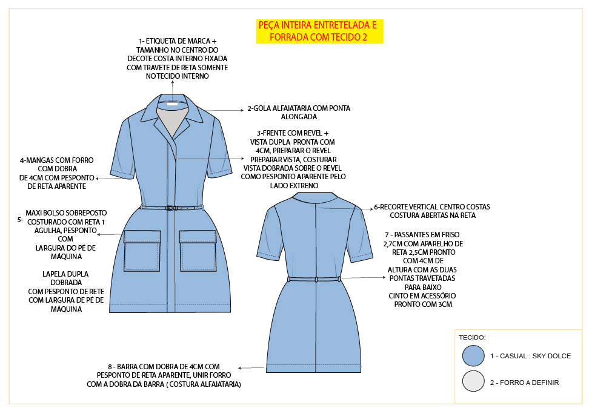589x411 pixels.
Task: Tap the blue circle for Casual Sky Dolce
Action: pyautogui.click(x=473, y=356)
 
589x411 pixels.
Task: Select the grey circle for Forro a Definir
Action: pyautogui.click(x=473, y=382)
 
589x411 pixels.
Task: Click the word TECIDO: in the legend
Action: pyautogui.click(x=472, y=337)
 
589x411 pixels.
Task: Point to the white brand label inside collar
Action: pyautogui.click(x=173, y=104)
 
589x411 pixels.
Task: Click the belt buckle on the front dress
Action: pyautogui.click(x=170, y=208)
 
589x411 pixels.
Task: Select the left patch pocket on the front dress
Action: pyautogui.click(x=142, y=250)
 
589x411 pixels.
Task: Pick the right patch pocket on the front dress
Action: pyautogui.click(x=198, y=250)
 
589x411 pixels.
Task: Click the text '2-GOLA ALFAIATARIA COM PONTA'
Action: pyautogui.click(x=299, y=108)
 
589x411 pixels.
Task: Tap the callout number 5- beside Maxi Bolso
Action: pyautogui.click(x=20, y=220)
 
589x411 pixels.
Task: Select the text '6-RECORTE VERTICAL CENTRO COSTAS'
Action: pyautogui.click(x=431, y=207)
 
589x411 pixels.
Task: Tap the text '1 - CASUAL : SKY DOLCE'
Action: pyautogui.click(x=530, y=356)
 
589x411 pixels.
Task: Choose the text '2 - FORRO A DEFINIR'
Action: pyautogui.click(x=524, y=383)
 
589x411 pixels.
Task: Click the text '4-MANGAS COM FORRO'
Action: pyautogui.click(x=56, y=160)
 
